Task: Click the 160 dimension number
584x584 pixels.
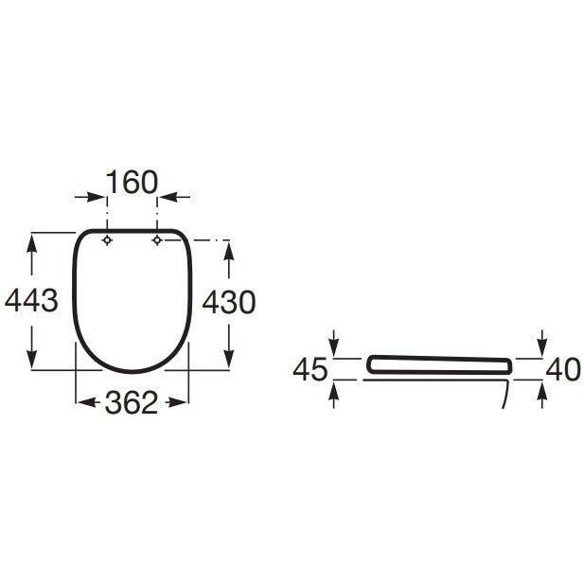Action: click(x=133, y=182)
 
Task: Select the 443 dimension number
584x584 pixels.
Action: click(x=31, y=300)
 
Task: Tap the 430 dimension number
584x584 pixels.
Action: click(x=229, y=302)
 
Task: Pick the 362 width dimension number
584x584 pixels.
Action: click(x=132, y=402)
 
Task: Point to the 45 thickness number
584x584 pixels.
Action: click(x=310, y=369)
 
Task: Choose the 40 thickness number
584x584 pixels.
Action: click(x=563, y=369)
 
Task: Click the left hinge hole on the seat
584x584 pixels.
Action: click(x=107, y=240)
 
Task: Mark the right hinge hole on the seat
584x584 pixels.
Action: click(x=157, y=240)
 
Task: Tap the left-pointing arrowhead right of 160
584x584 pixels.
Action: click(x=168, y=197)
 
